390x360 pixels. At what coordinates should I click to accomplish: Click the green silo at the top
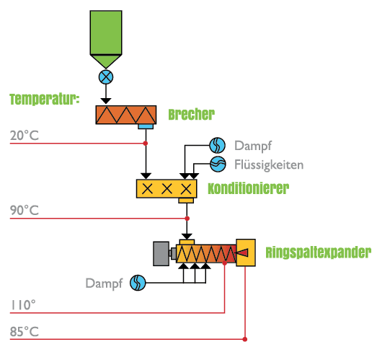(106, 38)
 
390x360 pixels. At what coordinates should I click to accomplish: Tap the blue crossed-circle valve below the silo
(106, 77)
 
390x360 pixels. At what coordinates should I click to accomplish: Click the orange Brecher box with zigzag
(126, 115)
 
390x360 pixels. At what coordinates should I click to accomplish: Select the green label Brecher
(191, 115)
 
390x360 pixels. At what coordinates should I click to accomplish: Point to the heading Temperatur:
(45, 99)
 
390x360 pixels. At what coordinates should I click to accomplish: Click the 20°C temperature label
(25, 136)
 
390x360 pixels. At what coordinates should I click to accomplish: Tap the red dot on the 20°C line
(146, 144)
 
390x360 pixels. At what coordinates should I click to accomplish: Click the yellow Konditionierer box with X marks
(167, 189)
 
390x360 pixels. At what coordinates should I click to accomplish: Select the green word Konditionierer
(249, 188)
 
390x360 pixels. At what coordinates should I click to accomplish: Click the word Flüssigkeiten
(269, 165)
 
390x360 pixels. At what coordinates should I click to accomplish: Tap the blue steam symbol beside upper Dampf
(218, 145)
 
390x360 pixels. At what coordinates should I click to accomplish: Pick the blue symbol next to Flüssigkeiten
(218, 164)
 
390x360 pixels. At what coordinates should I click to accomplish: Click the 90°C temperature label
(25, 211)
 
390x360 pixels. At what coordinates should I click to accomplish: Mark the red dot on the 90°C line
(187, 219)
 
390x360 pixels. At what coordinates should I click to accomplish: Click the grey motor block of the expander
(161, 254)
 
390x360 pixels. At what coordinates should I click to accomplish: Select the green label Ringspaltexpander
(319, 253)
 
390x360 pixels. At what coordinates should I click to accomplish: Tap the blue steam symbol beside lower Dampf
(138, 283)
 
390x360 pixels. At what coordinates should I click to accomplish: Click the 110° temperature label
(23, 305)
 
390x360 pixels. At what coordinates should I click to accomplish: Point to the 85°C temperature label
(25, 332)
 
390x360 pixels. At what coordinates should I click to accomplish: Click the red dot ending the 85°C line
(245, 339)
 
